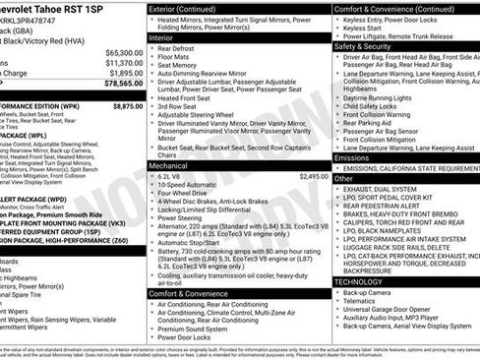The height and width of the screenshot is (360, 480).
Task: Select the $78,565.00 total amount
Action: [121, 84]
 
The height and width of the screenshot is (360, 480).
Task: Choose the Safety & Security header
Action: [362, 45]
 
